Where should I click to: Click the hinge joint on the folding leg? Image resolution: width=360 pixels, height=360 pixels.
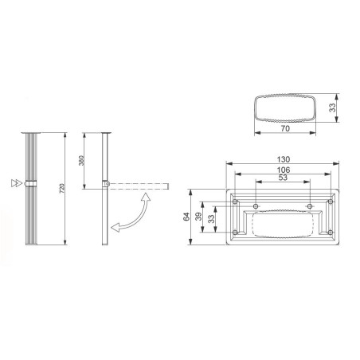pos(105,186)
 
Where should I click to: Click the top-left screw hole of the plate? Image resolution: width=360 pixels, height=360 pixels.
pos(237,201)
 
